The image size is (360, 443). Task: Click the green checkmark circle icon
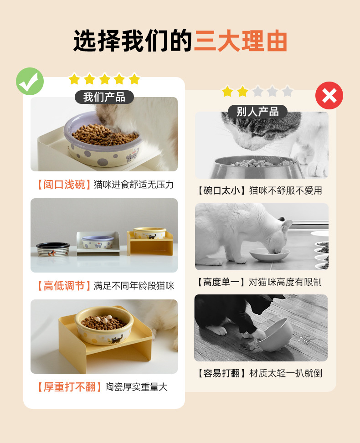30,81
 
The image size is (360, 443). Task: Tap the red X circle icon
329,96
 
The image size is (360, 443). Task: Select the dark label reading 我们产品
104,97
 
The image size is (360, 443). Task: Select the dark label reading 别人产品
257,112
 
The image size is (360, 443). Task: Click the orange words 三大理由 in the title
241,41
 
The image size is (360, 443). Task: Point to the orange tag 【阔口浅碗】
62,185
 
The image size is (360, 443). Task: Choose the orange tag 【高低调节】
62,286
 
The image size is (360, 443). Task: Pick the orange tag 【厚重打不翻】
67,387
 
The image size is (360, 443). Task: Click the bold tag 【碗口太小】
221,191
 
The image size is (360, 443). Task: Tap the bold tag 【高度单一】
221,282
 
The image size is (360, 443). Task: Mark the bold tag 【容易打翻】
221,373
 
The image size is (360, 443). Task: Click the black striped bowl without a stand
53,249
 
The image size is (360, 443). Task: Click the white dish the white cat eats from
269,254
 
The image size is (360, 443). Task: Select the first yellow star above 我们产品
74,79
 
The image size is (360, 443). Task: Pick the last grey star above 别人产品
287,92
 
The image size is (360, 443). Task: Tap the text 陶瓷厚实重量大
136,387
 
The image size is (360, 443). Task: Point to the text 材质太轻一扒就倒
285,373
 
